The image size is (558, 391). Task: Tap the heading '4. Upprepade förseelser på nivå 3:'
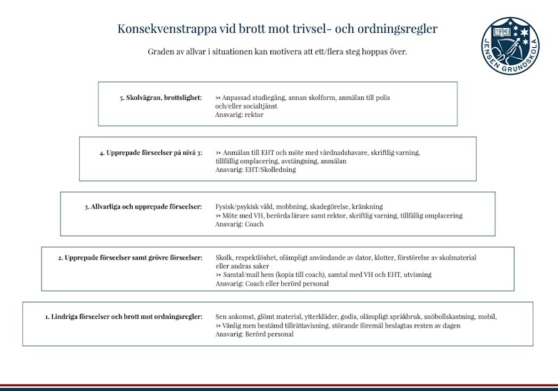(x=151, y=152)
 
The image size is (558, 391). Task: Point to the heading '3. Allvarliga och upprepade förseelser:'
(x=143, y=207)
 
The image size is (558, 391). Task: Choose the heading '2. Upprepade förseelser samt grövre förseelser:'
(x=131, y=258)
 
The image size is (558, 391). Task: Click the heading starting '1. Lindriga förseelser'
(x=123, y=316)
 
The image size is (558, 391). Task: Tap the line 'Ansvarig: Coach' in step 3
(x=239, y=224)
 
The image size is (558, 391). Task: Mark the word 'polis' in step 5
(x=382, y=97)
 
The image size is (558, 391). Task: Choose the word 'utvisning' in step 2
(x=417, y=275)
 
